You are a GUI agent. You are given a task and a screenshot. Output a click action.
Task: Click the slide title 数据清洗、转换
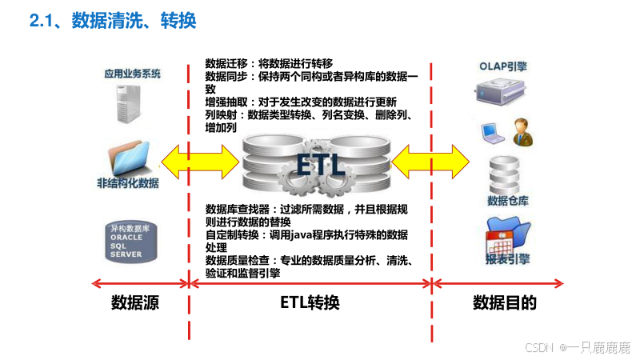133,20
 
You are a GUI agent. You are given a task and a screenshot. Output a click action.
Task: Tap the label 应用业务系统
132,74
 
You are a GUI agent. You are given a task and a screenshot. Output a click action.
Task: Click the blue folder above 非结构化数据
130,156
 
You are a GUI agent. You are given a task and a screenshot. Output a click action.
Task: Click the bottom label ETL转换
310,303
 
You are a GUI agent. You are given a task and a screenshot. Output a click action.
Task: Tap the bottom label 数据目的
504,303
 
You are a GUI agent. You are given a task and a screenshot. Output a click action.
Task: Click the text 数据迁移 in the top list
225,62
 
